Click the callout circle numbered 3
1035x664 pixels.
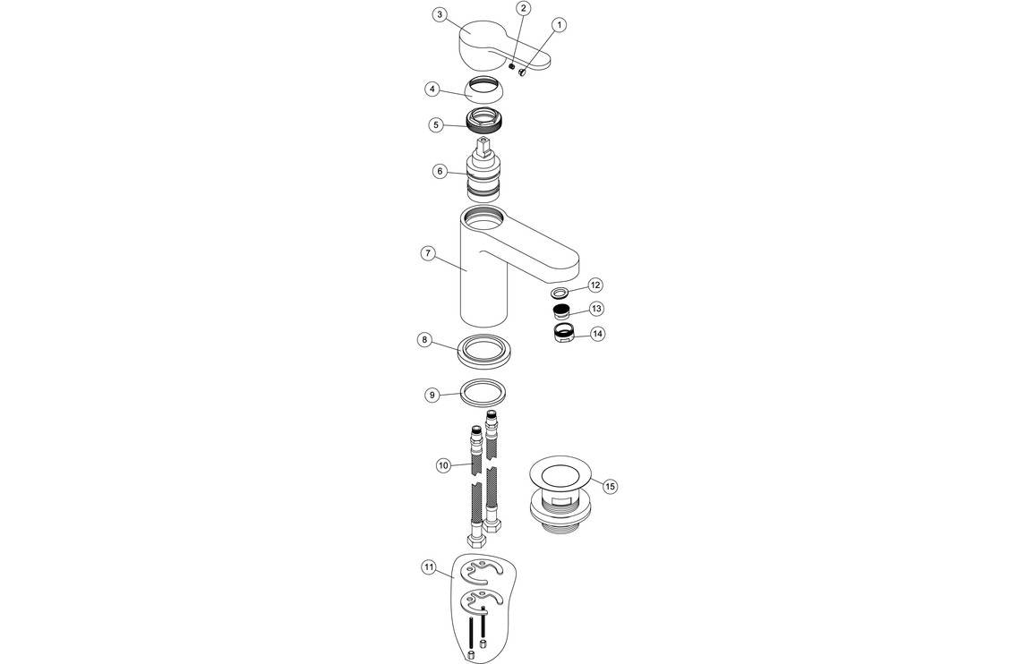coord(439,14)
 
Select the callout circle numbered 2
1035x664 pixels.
coord(524,8)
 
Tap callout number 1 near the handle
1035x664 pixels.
coord(560,25)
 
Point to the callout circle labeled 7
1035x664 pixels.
coord(428,253)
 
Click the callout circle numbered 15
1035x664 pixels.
coord(610,486)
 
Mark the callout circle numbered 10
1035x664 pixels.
coord(443,465)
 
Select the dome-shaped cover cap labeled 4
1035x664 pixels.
coord(484,90)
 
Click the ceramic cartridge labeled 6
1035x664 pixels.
coord(483,175)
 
